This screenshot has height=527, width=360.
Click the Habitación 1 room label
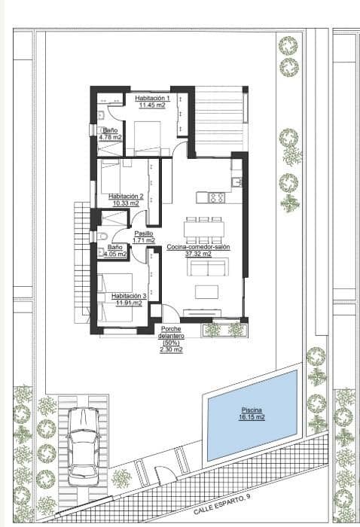pos(153,99)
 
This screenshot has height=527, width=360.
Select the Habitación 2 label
pos(125,196)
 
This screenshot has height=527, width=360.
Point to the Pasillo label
pos(144,233)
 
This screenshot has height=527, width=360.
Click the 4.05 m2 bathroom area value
pos(115,254)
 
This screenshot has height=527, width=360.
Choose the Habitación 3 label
pos(127,296)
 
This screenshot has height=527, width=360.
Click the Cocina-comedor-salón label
pos(198,247)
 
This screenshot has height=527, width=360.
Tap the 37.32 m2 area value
pos(198,254)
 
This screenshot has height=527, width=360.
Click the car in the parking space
pos(83,446)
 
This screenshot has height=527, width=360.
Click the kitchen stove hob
pos(216,198)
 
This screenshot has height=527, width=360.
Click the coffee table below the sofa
pos(205,291)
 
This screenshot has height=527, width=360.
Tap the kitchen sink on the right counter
pos(236,181)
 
